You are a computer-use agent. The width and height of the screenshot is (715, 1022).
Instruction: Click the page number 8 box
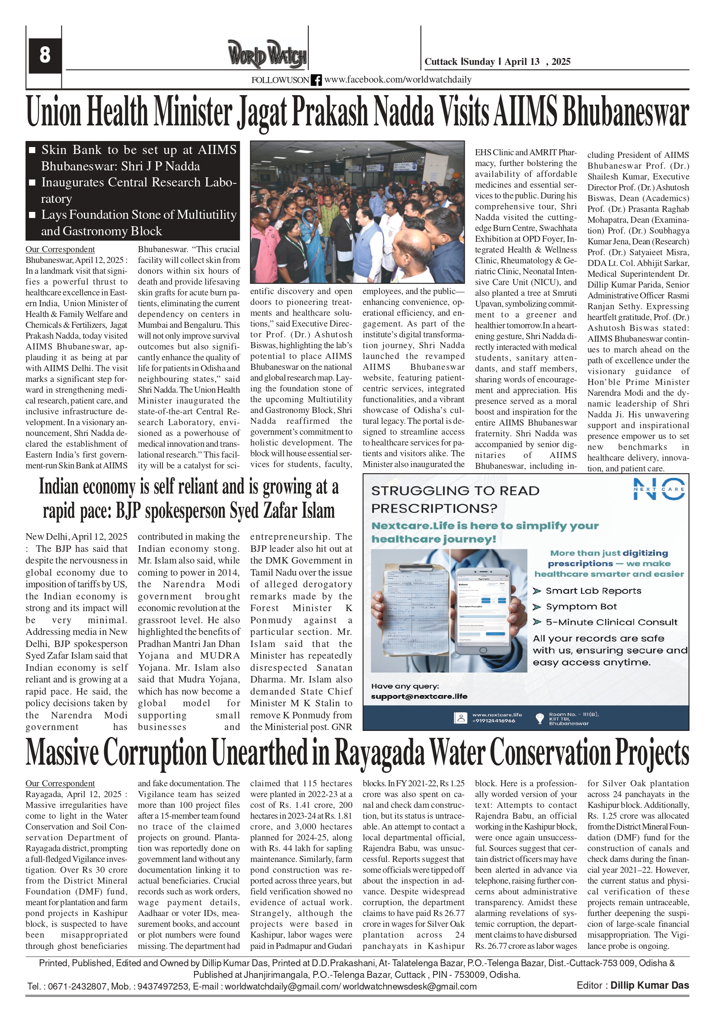tap(45, 55)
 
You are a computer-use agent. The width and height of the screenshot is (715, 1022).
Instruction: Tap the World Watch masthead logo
tap(267, 54)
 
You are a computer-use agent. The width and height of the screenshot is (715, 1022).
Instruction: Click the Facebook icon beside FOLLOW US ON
tap(316, 80)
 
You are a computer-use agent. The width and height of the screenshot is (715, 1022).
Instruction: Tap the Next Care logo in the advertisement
tap(659, 489)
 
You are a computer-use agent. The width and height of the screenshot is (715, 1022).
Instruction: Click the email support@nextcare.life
tap(419, 696)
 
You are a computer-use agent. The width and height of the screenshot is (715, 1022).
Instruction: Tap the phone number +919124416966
tap(493, 721)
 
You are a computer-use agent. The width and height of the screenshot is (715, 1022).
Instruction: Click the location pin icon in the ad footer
tap(539, 718)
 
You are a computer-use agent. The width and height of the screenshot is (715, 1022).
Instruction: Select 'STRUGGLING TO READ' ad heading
tap(455, 491)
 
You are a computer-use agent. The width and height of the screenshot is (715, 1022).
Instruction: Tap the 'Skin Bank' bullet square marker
tap(32, 151)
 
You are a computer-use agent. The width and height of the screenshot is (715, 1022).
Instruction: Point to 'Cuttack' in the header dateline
tap(440, 61)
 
